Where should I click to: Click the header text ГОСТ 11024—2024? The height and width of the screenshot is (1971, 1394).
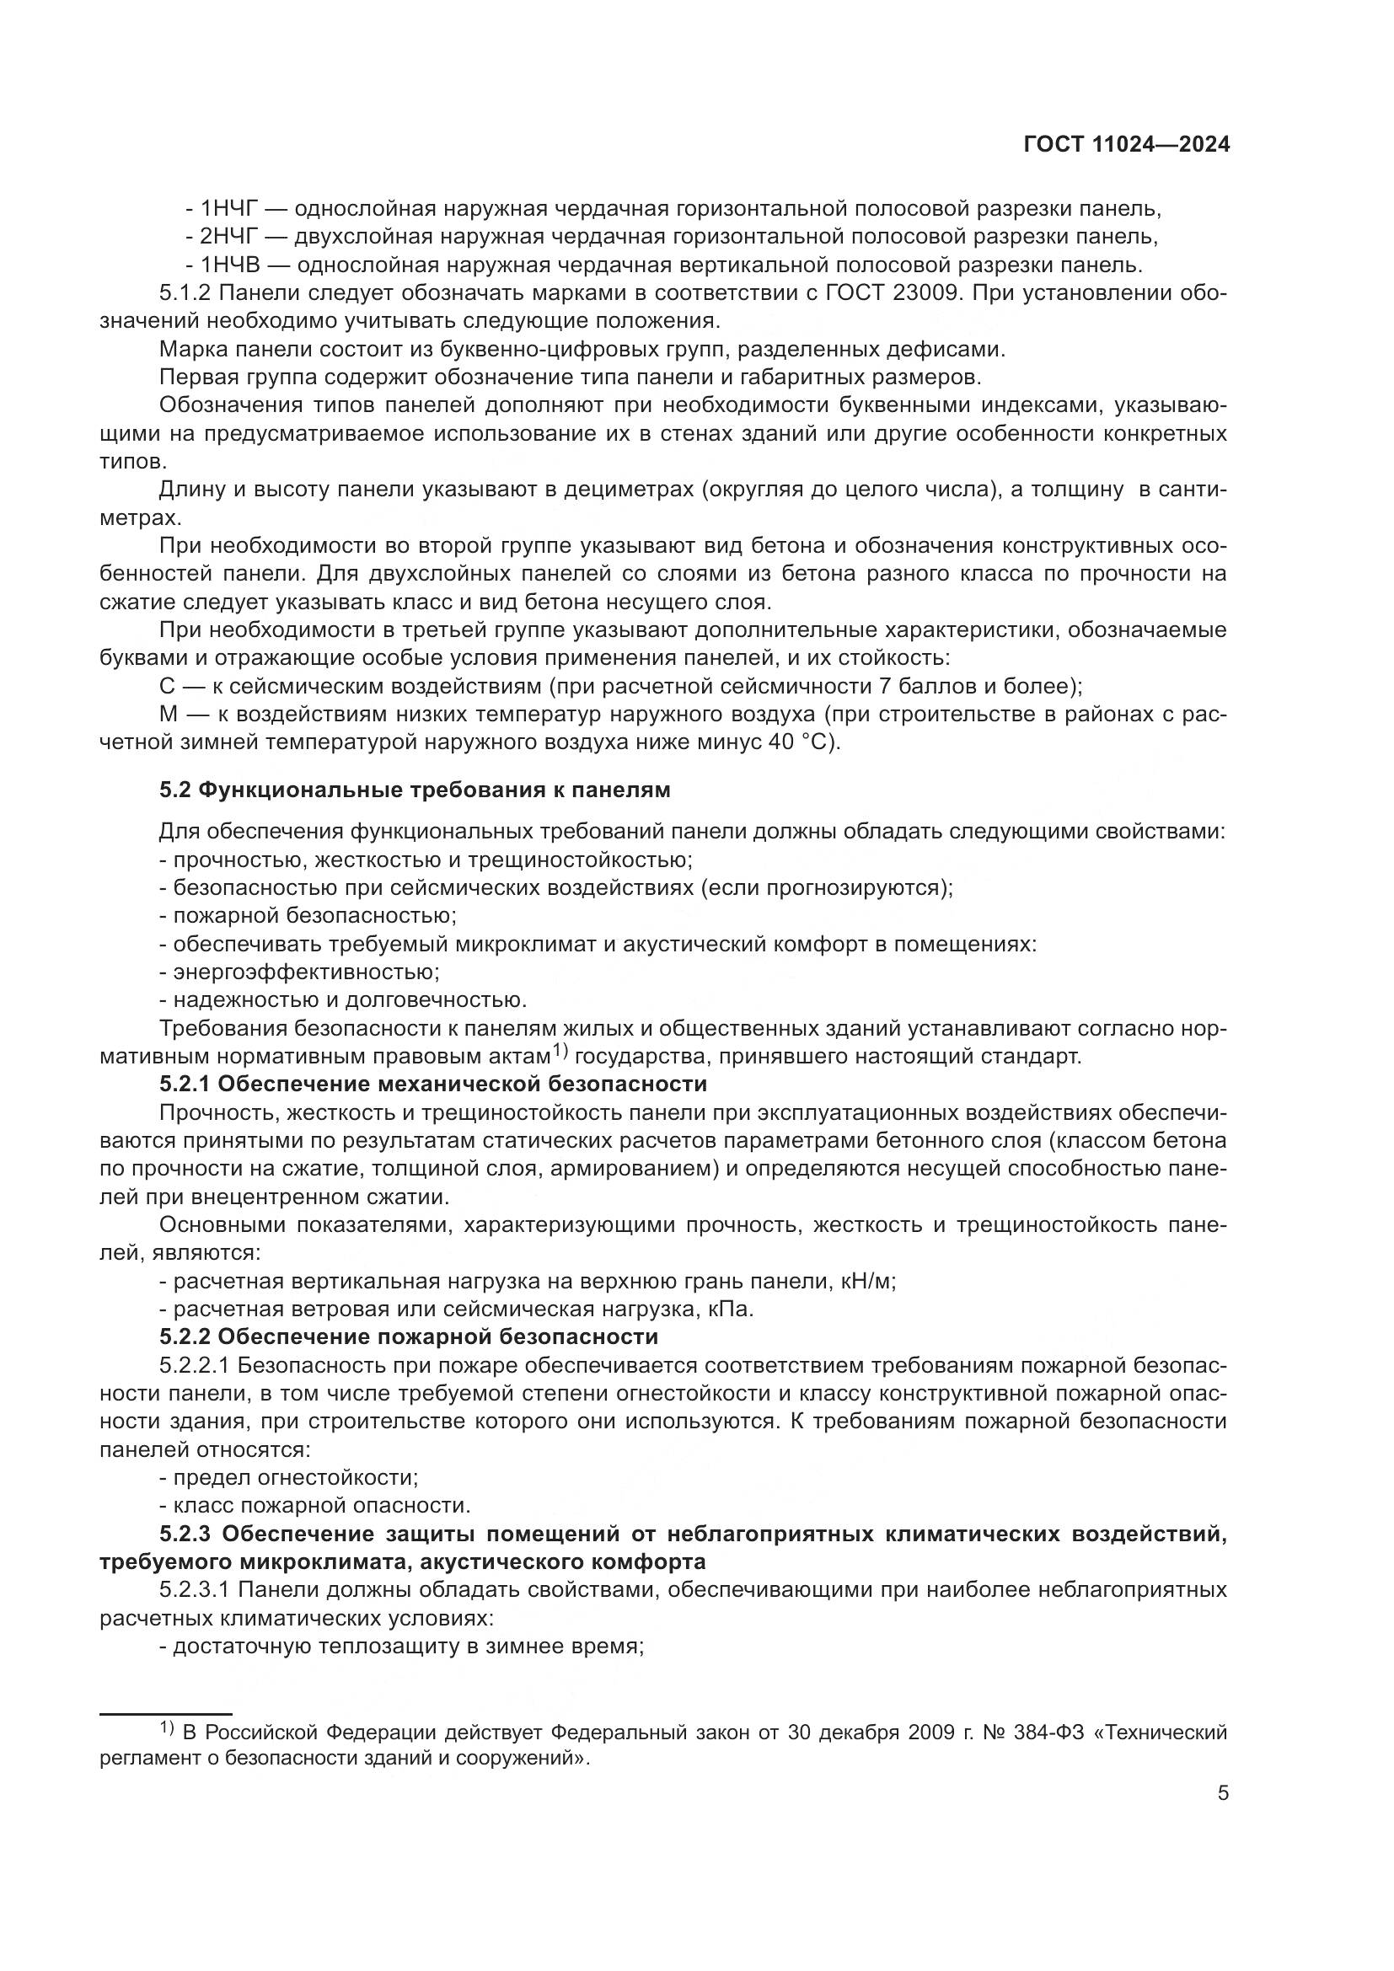(x=1126, y=145)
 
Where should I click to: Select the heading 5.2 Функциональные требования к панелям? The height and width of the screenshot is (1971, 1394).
(x=415, y=790)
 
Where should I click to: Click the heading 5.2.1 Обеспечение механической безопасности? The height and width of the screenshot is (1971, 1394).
(x=432, y=1085)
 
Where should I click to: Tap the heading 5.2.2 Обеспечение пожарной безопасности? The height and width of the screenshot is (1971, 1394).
(x=409, y=1336)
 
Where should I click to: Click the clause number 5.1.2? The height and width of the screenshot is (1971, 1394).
(x=185, y=292)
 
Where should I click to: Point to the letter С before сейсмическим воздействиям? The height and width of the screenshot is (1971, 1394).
(x=168, y=686)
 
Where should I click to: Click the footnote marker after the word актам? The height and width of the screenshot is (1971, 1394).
(x=560, y=1051)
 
